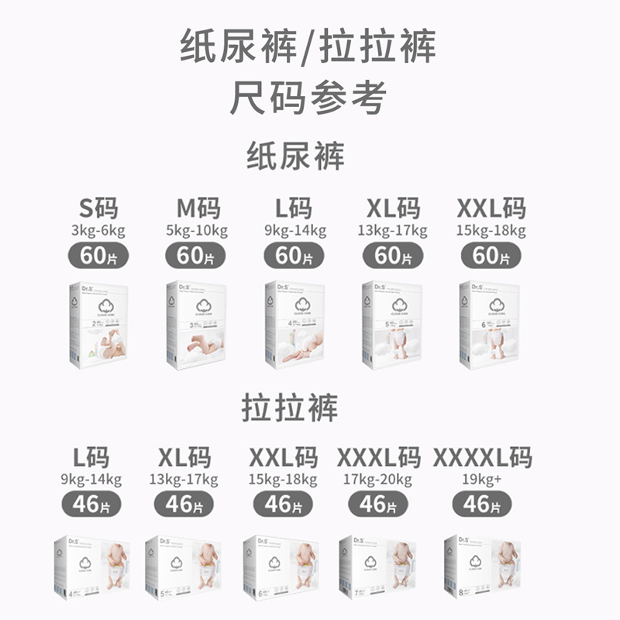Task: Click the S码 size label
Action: [x=99, y=208]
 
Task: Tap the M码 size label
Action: [x=198, y=208]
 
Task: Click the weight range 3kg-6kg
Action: [x=98, y=231]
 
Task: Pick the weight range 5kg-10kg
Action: [x=198, y=231]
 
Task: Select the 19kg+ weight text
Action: [x=482, y=479]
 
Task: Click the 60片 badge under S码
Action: [x=98, y=255]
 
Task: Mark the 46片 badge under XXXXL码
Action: [x=482, y=504]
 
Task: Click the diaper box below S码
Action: [x=98, y=324]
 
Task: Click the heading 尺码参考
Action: [x=308, y=98]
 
